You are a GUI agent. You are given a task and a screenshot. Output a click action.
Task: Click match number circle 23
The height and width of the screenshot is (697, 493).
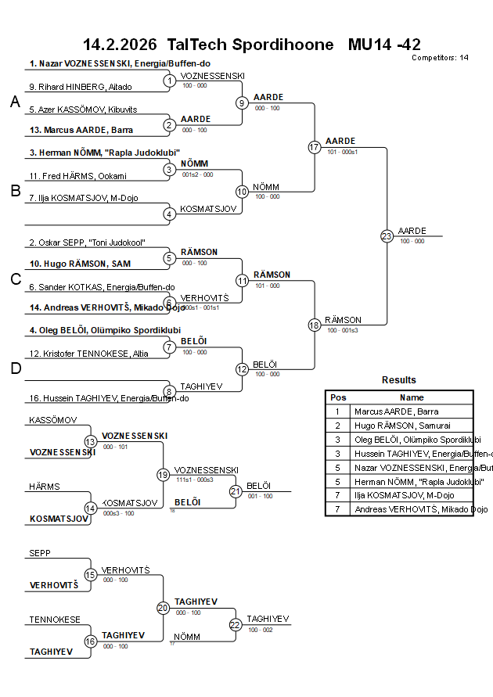pyautogui.click(x=387, y=235)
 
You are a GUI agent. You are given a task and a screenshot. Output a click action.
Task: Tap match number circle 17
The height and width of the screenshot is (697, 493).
pyautogui.click(x=315, y=147)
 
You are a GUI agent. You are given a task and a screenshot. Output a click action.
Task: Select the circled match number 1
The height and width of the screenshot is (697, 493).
pyautogui.click(x=170, y=81)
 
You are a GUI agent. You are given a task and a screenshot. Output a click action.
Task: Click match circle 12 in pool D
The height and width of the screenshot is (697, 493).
pyautogui.click(x=243, y=369)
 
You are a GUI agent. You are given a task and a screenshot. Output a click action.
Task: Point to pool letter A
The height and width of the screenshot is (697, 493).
pyautogui.click(x=15, y=102)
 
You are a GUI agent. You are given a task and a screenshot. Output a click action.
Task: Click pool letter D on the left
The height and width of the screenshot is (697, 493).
pyautogui.click(x=15, y=368)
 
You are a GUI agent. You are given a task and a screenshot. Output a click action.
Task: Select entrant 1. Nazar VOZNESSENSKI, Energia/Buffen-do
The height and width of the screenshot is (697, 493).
pyautogui.click(x=120, y=63)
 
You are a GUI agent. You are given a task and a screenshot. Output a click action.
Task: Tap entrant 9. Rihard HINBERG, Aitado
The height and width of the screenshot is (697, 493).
pyautogui.click(x=80, y=86)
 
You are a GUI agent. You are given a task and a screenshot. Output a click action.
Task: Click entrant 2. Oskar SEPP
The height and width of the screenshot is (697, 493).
pyautogui.click(x=87, y=243)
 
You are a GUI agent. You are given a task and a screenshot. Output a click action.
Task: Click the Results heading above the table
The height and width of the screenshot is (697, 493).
pyautogui.click(x=399, y=380)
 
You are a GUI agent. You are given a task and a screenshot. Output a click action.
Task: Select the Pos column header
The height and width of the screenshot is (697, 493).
pyautogui.click(x=338, y=397)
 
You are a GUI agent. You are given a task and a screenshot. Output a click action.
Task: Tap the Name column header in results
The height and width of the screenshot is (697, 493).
pyautogui.click(x=412, y=397)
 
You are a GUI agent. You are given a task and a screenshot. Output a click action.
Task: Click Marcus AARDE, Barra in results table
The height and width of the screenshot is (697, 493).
pyautogui.click(x=396, y=411)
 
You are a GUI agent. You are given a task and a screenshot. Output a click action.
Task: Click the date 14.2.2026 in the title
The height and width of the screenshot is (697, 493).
pyautogui.click(x=119, y=44)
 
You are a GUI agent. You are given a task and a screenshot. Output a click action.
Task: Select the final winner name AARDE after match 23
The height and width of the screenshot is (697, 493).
pyautogui.click(x=412, y=231)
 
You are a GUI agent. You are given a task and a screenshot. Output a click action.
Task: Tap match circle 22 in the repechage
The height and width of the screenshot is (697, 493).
pyautogui.click(x=236, y=625)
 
